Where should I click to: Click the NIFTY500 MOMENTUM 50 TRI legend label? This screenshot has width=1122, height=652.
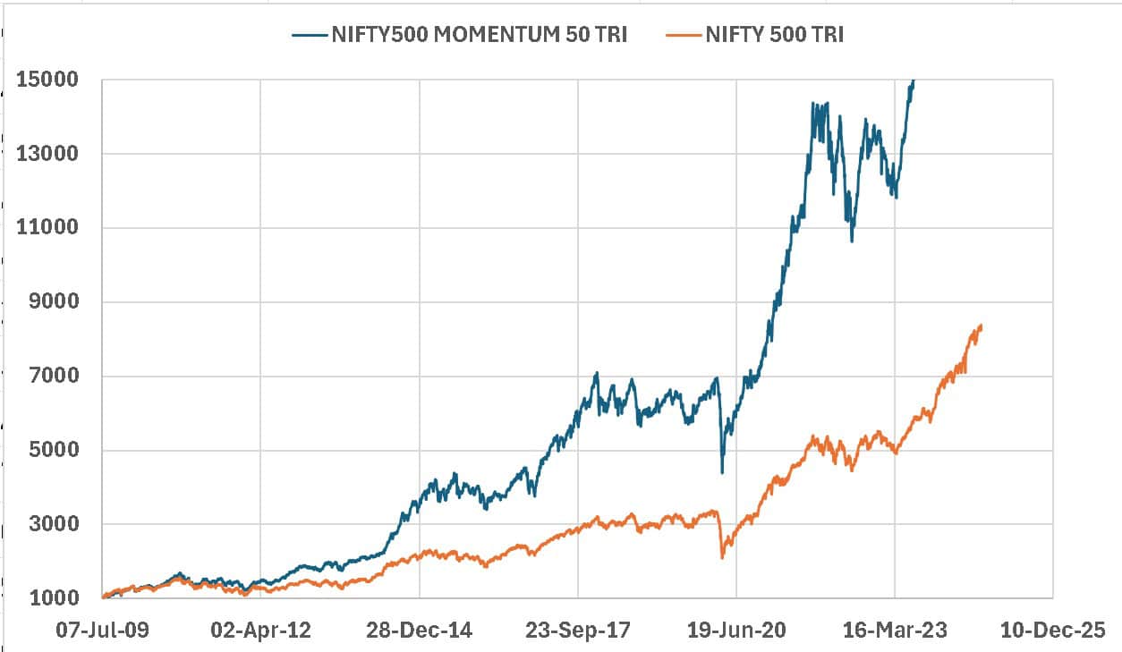(480, 35)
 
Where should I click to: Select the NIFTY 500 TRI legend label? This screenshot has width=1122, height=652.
(775, 35)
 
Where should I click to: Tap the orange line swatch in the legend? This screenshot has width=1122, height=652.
(684, 35)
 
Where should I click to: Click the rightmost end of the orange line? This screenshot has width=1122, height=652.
(982, 326)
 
